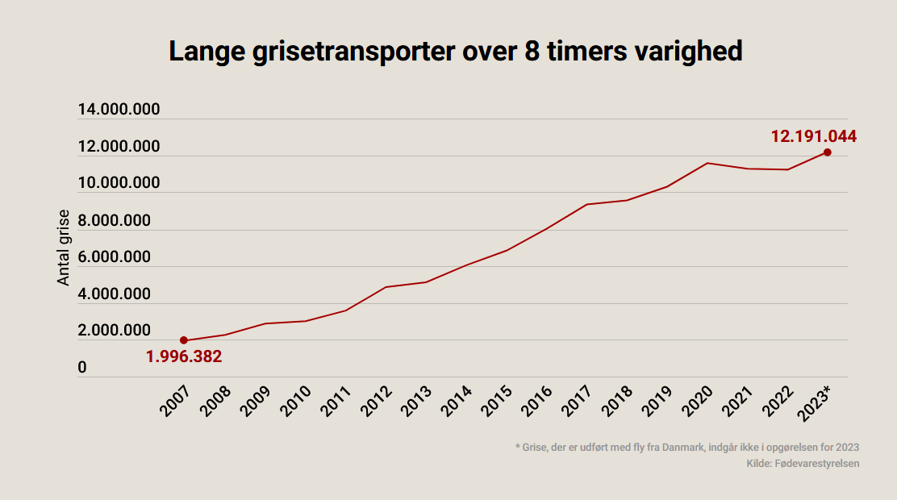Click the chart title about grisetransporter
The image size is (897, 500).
coord(455,52)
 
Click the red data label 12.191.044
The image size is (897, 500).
coord(813,136)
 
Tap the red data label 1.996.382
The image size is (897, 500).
coord(184,356)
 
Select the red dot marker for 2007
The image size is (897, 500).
coord(184,340)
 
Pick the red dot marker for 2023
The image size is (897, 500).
coord(828,152)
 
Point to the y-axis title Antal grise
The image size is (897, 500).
coord(64,248)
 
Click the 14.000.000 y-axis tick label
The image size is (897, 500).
coord(119,110)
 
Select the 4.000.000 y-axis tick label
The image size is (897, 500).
coord(114,294)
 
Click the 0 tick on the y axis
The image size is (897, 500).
coord(82,368)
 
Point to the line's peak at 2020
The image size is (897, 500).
coord(707,163)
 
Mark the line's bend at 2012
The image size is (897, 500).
coord(386,287)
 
